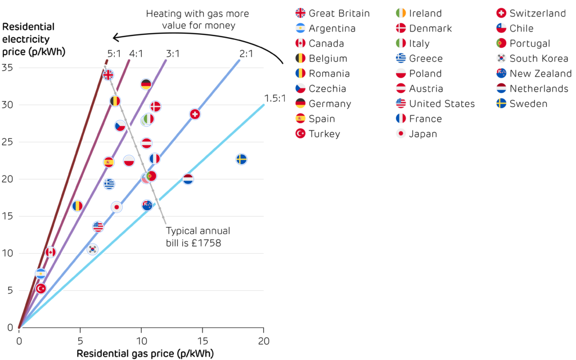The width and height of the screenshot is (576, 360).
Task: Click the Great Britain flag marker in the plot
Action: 108,75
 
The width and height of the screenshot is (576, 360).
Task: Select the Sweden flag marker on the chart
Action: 241,159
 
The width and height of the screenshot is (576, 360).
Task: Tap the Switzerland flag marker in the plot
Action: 195,114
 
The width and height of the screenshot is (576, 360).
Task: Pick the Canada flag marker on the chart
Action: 51,252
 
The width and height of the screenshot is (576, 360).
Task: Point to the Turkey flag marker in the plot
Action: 40,289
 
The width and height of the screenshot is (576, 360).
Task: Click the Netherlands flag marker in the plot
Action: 188,179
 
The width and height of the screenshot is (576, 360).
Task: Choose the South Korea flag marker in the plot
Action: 92,249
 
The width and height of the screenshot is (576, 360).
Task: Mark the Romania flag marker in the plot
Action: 77,206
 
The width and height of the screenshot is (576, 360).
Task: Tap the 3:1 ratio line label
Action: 173,54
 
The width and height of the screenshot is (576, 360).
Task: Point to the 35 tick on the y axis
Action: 8,67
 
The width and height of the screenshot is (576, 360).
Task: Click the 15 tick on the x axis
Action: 202,340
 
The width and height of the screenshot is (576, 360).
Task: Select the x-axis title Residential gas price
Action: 145,354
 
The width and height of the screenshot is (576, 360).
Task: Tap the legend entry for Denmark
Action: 430,29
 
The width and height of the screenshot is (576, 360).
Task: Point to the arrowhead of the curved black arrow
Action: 114,38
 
